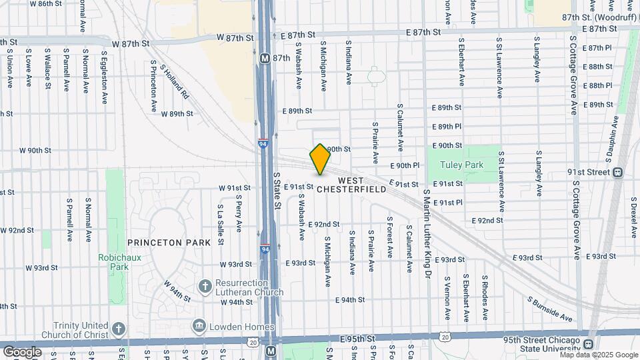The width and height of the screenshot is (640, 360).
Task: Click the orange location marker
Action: pos(320,159)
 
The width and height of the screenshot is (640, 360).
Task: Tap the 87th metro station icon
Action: pos(265,58)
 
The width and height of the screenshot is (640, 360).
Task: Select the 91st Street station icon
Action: pos(618,171)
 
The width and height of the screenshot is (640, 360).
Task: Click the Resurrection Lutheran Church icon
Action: pos(205,287)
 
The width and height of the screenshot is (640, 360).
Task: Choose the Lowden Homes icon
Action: pos(199,327)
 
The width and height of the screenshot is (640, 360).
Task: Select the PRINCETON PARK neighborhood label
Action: pos(164,243)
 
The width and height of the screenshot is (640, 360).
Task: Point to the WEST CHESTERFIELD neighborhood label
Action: pos(351,185)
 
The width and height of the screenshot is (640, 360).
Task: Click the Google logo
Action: pos(22,351)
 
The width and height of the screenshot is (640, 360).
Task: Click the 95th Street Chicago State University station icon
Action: pos(587,344)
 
